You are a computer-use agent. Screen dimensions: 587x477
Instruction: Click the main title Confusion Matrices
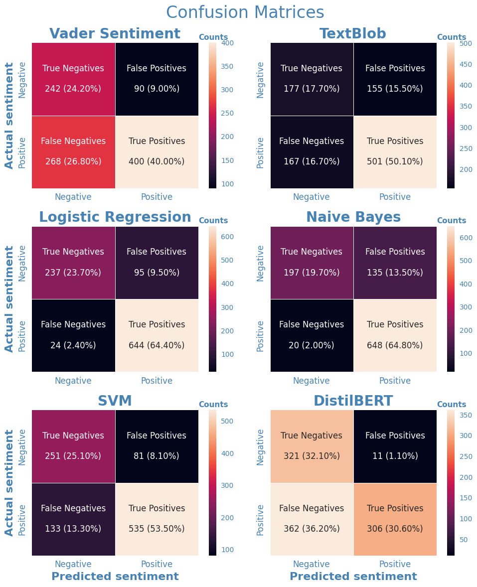245,12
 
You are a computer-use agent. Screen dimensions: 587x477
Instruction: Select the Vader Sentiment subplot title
115,34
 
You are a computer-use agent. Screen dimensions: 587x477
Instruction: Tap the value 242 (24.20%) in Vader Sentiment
73,89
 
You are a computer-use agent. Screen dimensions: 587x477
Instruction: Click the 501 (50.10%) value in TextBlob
395,162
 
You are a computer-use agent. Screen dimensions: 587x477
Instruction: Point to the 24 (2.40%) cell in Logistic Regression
73,345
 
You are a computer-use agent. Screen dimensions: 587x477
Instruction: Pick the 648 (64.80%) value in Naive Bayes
395,345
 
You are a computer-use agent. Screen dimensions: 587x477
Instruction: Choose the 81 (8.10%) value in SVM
157,456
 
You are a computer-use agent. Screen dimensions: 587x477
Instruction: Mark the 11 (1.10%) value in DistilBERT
395,456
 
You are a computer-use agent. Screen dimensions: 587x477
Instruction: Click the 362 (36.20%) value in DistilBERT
312,529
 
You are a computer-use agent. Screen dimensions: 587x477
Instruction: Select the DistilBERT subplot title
353,401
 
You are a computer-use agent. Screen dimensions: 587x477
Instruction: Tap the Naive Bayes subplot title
353,217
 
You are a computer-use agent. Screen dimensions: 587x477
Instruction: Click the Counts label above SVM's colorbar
213,405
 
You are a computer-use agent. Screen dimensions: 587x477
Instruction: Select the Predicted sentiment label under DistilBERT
353,577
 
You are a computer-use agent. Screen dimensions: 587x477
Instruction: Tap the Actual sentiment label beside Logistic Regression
9,298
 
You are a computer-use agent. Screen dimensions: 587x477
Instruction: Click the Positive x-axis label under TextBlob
395,197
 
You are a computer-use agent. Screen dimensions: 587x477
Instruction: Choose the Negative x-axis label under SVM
73,564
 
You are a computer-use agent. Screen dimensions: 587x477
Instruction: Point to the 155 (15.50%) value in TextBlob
395,89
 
